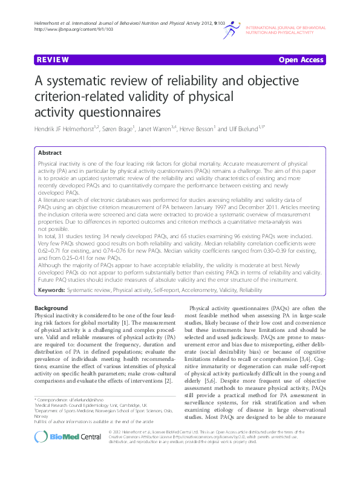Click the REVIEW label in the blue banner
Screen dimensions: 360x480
[x=51, y=60]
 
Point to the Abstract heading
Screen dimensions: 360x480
[x=51, y=154]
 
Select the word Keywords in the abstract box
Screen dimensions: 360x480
[x=51, y=291]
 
